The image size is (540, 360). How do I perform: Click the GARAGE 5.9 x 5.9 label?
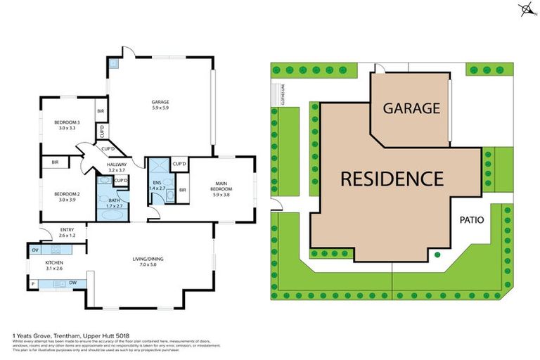point(160,105)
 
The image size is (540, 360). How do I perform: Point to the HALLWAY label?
point(116,167)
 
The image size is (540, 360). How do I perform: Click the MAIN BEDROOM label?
point(225,188)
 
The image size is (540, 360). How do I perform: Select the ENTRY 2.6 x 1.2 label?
point(67,233)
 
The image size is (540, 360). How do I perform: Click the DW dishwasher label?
point(73,283)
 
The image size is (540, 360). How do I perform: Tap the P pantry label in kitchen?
point(33,284)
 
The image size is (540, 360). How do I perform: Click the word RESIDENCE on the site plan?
point(392,179)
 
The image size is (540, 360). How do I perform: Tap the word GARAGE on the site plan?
point(411,108)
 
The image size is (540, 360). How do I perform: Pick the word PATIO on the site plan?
point(472,219)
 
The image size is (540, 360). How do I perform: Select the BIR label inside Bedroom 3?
point(101,111)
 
